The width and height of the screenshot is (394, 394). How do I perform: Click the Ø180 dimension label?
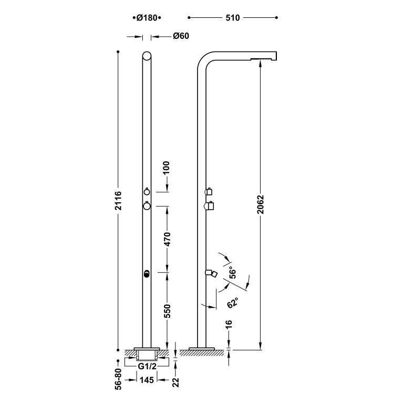pyautogui.click(x=147, y=18)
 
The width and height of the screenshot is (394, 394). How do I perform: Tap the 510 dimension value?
pyautogui.click(x=232, y=18)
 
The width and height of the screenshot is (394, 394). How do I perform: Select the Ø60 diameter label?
pyautogui.click(x=181, y=36)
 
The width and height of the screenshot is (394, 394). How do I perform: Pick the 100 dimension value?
pyautogui.click(x=167, y=169)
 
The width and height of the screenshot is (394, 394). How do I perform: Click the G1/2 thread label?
pyautogui.click(x=147, y=366)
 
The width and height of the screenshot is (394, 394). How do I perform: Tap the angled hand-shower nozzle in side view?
pyautogui.click(x=212, y=273)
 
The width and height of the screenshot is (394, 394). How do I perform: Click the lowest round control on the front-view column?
pyautogui.click(x=147, y=273)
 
